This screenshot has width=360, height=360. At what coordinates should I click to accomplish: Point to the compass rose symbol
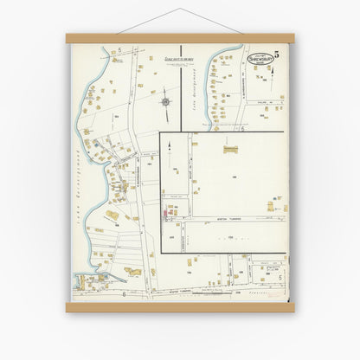(164, 102)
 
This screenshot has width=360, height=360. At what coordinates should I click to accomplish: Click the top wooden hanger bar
(180, 38)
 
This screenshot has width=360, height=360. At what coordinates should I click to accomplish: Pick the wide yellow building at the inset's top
(230, 150)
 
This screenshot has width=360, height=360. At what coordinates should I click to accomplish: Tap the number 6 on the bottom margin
(125, 294)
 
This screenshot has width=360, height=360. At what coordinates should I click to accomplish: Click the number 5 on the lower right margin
(280, 277)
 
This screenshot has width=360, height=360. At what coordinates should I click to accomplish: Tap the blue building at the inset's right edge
(283, 204)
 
